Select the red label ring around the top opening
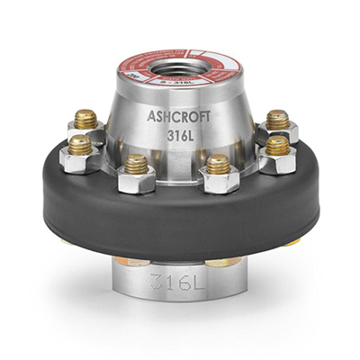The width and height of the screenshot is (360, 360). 144,73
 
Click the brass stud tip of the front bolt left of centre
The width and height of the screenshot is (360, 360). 136,164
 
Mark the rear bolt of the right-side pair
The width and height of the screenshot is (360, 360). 276,120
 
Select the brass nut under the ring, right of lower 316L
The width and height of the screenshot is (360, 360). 221,261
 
